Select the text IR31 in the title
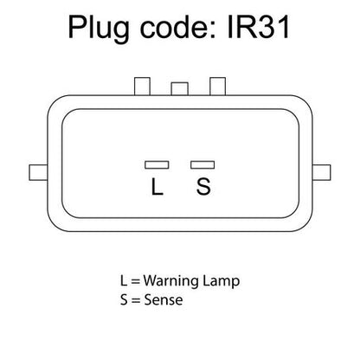258,27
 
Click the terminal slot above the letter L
157,164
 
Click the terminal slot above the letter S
202,164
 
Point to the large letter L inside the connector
157,187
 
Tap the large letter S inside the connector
203,187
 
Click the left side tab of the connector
38,172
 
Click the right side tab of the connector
321,172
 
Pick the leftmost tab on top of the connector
143,86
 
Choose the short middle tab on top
179,89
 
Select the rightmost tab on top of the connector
217,86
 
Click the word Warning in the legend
170,280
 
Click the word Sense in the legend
164,299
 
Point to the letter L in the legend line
124,280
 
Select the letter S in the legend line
124,299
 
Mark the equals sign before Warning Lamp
135,281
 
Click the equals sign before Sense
136,300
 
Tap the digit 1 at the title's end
284,27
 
